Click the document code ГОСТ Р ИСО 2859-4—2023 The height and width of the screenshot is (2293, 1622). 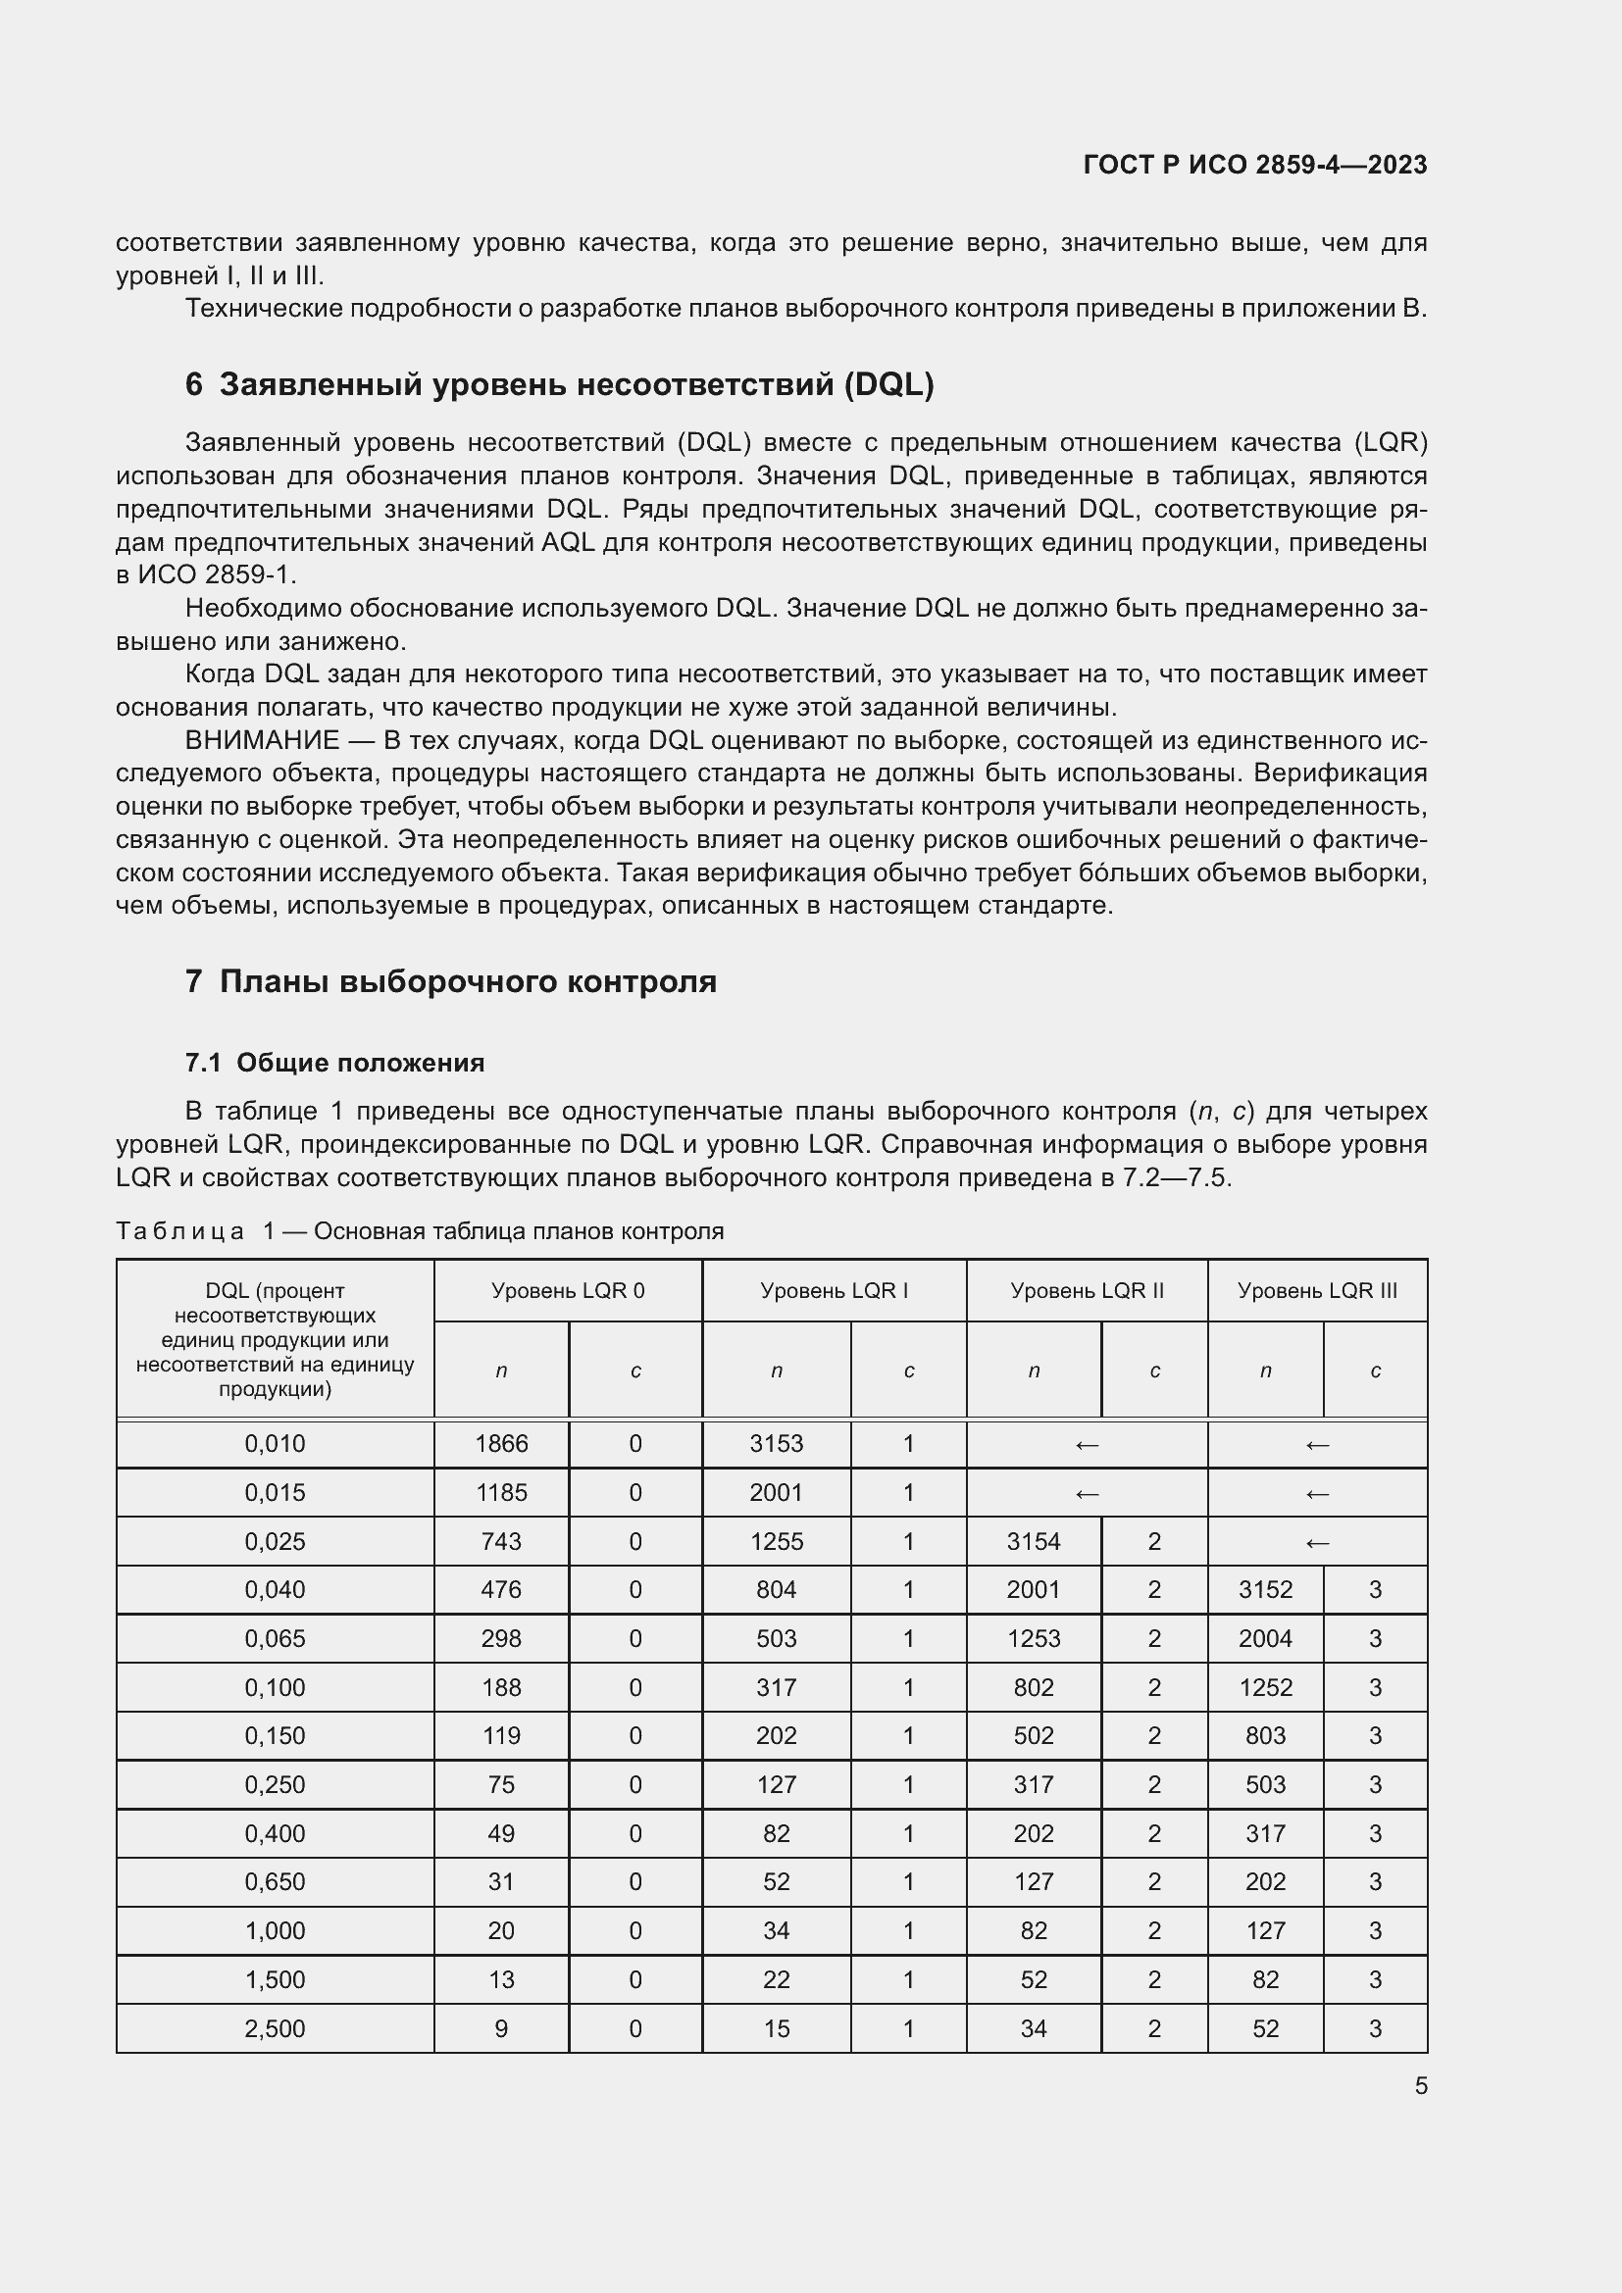(1254, 165)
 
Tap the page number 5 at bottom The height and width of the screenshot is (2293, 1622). (1420, 2085)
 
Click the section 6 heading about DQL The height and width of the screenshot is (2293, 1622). (559, 384)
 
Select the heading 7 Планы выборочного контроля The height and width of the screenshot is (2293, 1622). (450, 981)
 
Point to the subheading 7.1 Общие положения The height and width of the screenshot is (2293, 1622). (334, 1063)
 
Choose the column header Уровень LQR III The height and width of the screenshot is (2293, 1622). (1316, 1290)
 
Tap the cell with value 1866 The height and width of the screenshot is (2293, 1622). (501, 1443)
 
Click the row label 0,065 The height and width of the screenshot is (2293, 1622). (275, 1638)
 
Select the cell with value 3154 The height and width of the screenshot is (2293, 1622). (1033, 1541)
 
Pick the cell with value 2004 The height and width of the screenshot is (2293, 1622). (1264, 1638)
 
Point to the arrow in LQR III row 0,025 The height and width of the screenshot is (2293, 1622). (1316, 1542)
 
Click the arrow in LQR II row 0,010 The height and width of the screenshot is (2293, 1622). (1086, 1444)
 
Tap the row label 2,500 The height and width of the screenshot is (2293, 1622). (275, 2028)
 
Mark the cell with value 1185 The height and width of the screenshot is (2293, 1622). (501, 1492)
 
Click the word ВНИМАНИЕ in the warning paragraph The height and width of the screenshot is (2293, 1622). (262, 740)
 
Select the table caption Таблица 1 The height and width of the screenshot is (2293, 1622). (179, 1231)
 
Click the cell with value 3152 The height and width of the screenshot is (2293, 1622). (1264, 1589)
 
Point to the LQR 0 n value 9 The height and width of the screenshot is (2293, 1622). (501, 2028)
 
